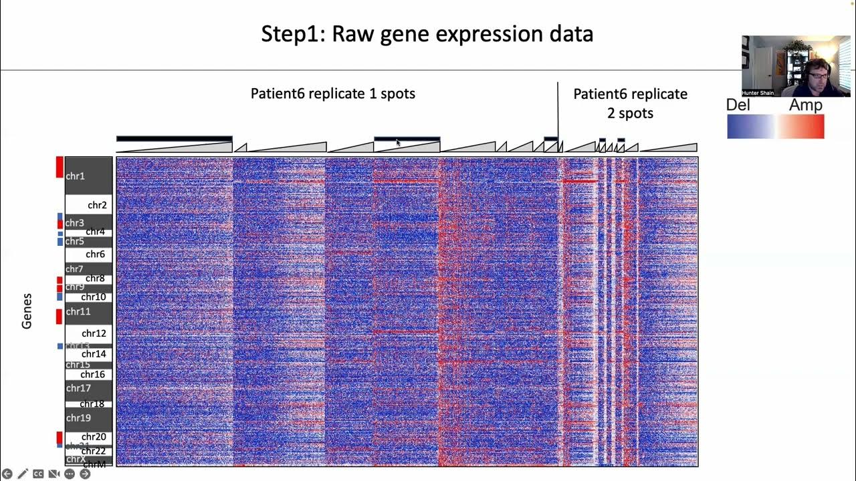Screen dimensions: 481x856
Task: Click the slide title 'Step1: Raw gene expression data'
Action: (427, 34)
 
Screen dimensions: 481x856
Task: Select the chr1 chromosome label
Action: (75, 176)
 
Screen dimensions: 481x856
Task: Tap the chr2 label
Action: (97, 205)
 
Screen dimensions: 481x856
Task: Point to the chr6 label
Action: (95, 255)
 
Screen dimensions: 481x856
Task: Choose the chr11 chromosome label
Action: (78, 312)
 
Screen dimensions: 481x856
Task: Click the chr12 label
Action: (94, 333)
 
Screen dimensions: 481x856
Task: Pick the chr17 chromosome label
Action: (78, 388)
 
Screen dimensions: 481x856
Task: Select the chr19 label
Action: (78, 418)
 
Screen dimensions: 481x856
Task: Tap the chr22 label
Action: (94, 451)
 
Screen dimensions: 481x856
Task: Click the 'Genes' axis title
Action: (27, 311)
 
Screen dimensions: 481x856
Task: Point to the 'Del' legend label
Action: (738, 106)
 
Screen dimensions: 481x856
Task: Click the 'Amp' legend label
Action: (805, 106)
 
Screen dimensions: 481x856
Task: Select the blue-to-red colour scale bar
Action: (775, 127)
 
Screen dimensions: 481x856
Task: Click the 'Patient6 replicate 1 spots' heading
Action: (332, 94)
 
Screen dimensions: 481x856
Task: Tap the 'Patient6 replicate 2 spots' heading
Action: (630, 103)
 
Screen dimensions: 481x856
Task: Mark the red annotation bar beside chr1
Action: (60, 167)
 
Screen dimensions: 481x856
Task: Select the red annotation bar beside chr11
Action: (60, 316)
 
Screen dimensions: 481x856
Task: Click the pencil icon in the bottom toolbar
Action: (23, 474)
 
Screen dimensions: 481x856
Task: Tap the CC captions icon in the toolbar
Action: (38, 474)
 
